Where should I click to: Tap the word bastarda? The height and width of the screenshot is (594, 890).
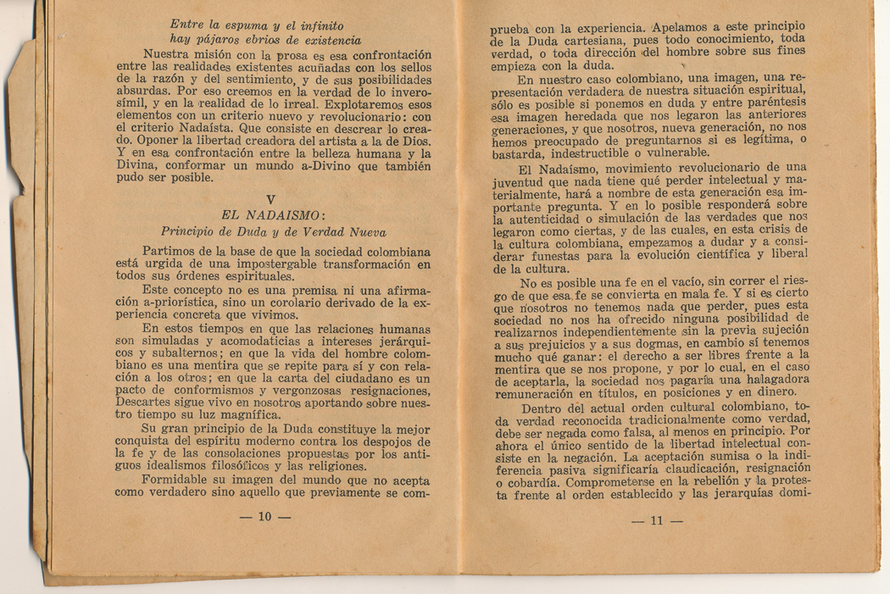522,153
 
